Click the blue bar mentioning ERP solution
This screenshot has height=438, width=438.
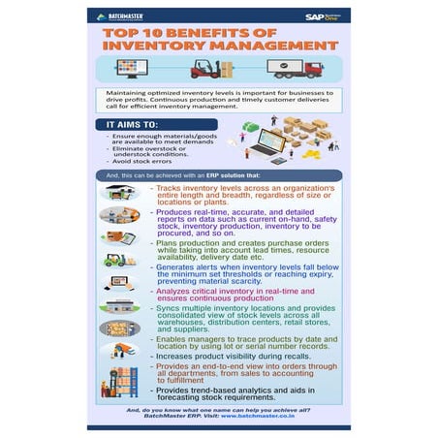tap(218, 175)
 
